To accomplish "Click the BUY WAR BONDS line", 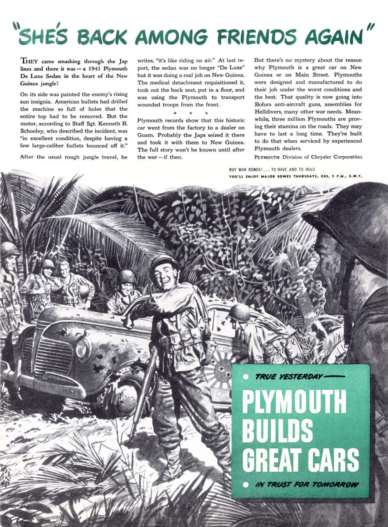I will point(272,170).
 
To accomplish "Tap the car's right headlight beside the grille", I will point(83,348).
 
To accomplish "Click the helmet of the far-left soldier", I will point(9,249).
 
